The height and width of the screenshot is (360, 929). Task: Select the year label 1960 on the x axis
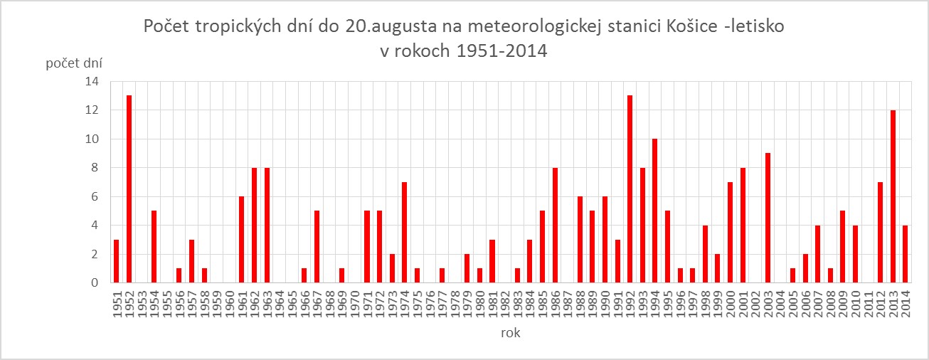click(230, 304)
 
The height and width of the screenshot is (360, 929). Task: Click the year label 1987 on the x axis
click(568, 304)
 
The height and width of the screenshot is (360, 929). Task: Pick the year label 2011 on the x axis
click(868, 304)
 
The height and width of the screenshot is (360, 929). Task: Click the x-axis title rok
click(509, 333)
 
